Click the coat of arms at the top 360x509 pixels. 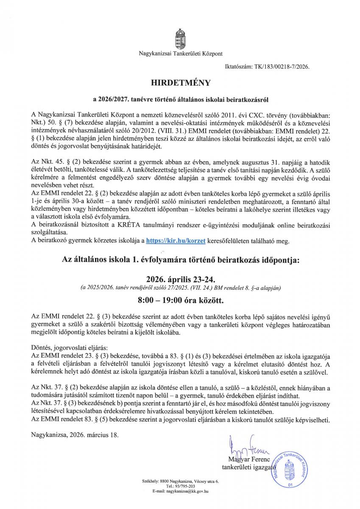(x=180, y=38)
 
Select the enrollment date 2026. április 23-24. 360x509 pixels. (x=180, y=280)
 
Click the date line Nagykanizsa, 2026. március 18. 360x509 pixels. (x=75, y=435)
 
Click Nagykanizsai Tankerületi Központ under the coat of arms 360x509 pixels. (x=180, y=53)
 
